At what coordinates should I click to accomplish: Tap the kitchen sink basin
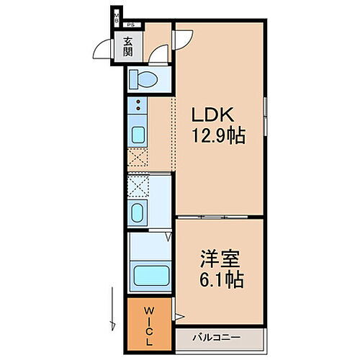click(x=138, y=135)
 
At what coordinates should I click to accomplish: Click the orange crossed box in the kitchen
click(x=138, y=158)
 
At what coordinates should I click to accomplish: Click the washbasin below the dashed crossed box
click(x=138, y=212)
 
